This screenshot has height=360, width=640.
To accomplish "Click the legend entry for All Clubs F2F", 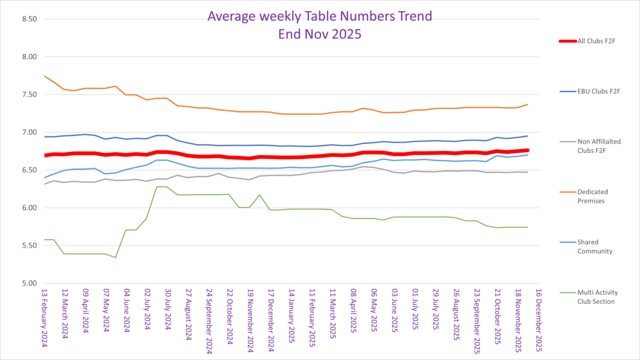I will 601,42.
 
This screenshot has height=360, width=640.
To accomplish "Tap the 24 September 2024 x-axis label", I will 209,320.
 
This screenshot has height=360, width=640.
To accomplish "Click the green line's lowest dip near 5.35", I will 116,257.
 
